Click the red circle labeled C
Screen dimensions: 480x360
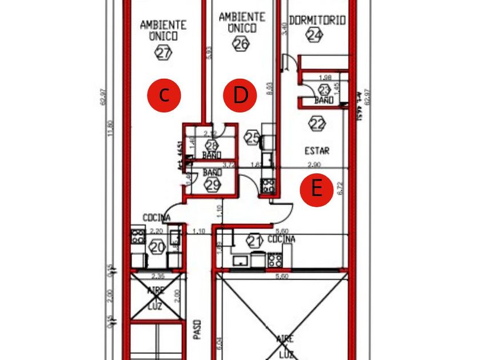point(164,95)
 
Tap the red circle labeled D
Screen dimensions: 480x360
point(241,95)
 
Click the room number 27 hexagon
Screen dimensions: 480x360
point(163,53)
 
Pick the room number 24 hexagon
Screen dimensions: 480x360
point(314,35)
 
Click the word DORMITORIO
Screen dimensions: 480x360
point(317,21)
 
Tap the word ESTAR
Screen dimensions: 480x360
point(317,151)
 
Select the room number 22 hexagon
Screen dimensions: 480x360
point(316,123)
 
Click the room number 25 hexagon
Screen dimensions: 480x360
point(252,137)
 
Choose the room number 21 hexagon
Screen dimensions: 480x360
point(254,241)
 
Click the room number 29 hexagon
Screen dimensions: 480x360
point(213,184)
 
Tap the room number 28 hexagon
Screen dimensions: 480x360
point(212,145)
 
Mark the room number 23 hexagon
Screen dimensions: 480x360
point(325,90)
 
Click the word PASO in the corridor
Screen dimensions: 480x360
point(197,329)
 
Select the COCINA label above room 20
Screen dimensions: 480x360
point(157,218)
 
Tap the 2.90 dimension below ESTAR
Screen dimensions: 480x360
point(314,165)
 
